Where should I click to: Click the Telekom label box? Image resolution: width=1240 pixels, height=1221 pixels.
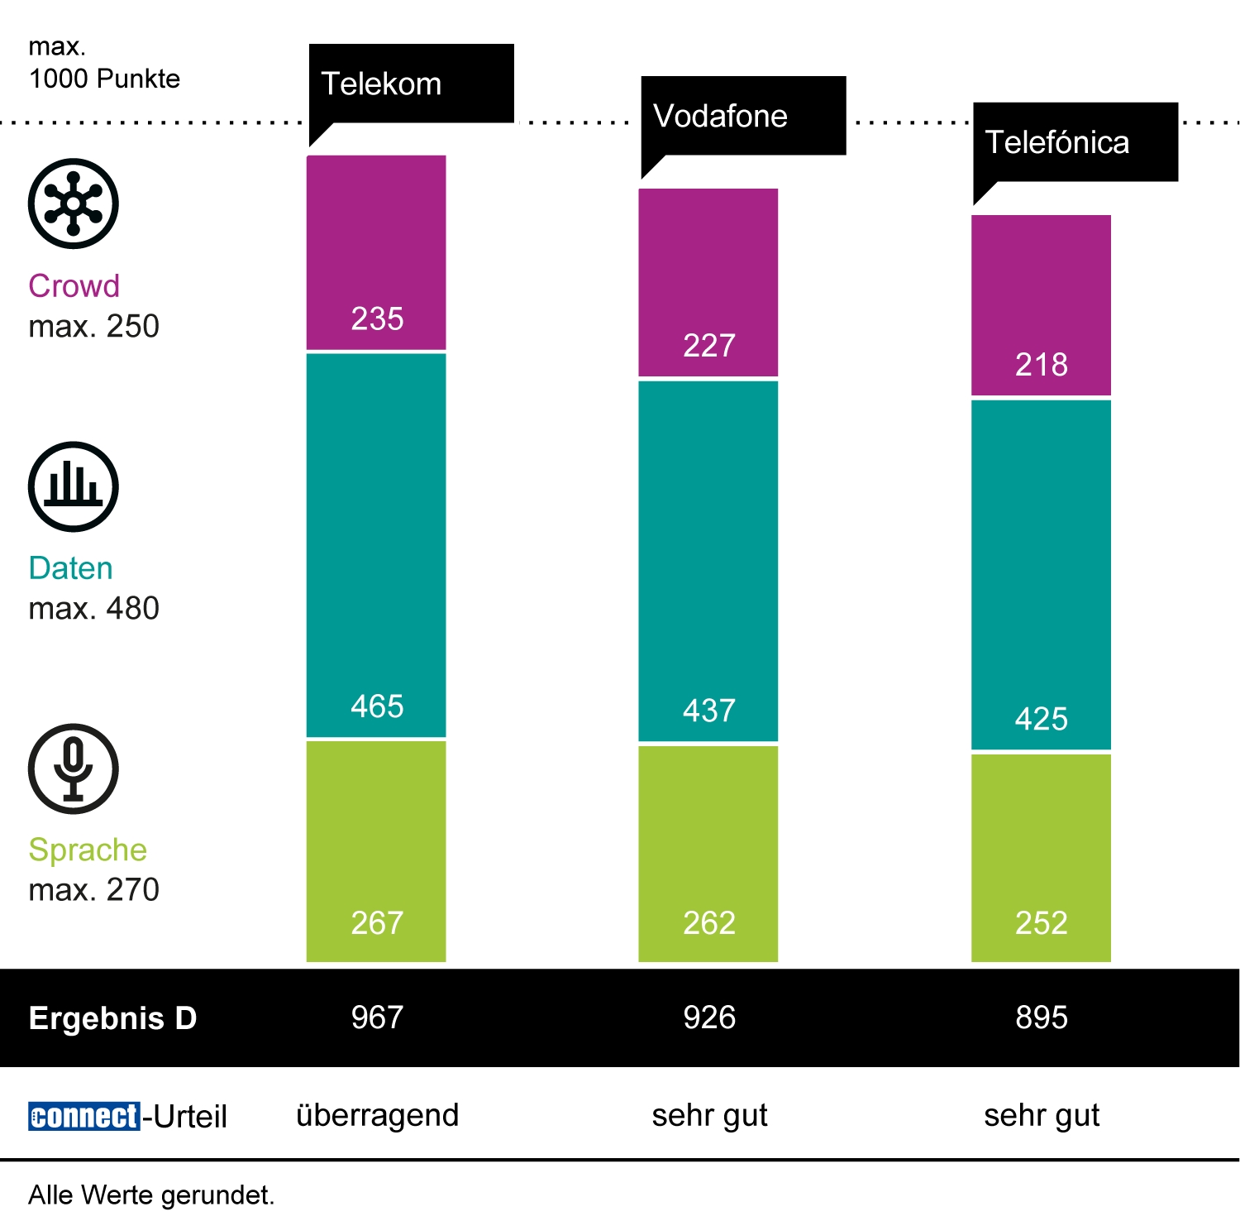pos(411,84)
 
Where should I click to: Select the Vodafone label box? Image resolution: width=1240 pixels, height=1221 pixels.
pos(743,116)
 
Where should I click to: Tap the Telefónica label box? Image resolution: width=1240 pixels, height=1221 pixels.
pos(1075,142)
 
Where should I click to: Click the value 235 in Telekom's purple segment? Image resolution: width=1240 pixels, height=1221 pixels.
pos(377,318)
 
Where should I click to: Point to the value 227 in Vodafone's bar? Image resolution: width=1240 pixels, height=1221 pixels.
pos(709,345)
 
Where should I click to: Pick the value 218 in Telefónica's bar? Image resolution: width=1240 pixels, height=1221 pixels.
pos(1042,364)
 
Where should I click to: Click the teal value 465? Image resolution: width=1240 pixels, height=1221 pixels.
pos(377,706)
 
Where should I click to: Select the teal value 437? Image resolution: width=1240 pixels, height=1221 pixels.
pos(709,710)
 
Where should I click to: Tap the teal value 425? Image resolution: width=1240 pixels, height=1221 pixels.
pos(1042,718)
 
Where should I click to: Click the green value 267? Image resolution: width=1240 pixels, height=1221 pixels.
pos(377,922)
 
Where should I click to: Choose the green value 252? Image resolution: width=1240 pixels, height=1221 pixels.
pos(1042,922)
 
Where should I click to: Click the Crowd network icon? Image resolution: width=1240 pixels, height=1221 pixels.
pos(74,203)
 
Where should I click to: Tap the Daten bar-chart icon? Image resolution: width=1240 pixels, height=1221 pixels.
pos(74,486)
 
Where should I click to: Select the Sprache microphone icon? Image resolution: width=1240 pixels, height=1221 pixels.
pos(74,769)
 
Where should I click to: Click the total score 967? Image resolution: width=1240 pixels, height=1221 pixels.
pos(377,1017)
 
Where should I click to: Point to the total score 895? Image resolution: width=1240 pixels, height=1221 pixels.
pos(1042,1017)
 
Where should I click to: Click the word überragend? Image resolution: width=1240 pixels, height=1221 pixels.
pos(377,1115)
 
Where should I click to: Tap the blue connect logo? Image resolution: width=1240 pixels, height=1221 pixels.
pos(83,1116)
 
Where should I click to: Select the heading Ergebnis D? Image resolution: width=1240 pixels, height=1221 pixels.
pos(112,1018)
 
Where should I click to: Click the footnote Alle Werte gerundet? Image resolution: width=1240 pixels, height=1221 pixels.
pos(151,1195)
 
